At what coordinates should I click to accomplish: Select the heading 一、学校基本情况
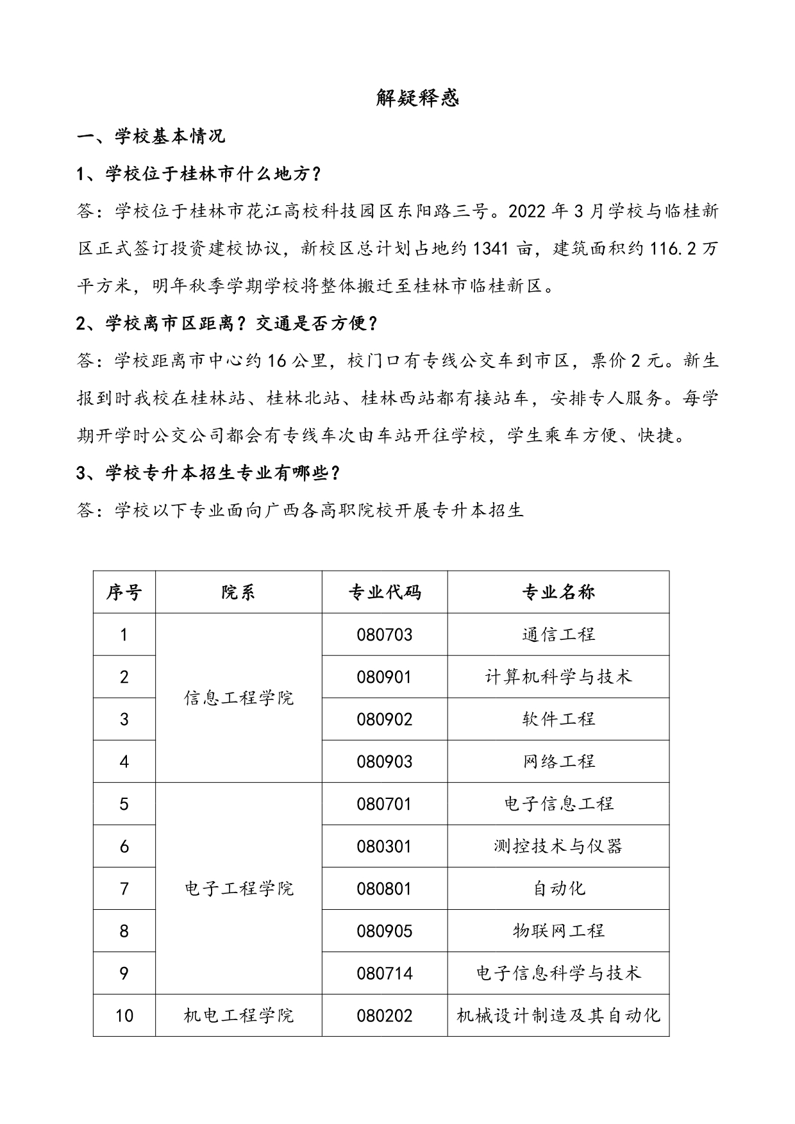[x=151, y=137]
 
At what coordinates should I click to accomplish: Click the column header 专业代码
[x=385, y=592]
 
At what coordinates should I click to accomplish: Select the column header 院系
[x=238, y=592]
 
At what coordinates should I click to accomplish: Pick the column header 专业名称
[x=558, y=592]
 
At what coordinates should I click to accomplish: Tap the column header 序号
[x=124, y=592]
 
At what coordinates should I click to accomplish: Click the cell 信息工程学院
[x=238, y=698]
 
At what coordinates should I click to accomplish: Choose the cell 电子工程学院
[x=238, y=888]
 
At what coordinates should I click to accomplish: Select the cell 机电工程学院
[x=238, y=1015]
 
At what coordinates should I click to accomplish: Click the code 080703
[x=385, y=635]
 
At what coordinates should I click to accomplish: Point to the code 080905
[x=385, y=930]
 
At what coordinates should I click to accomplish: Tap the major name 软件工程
[x=558, y=719]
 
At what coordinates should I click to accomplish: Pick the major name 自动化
[x=558, y=888]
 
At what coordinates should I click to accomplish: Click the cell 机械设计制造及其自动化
[x=558, y=1015]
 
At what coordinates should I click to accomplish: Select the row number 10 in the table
[x=124, y=1015]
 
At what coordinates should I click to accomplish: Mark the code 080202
[x=385, y=1015]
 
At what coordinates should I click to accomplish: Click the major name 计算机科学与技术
[x=558, y=676]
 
